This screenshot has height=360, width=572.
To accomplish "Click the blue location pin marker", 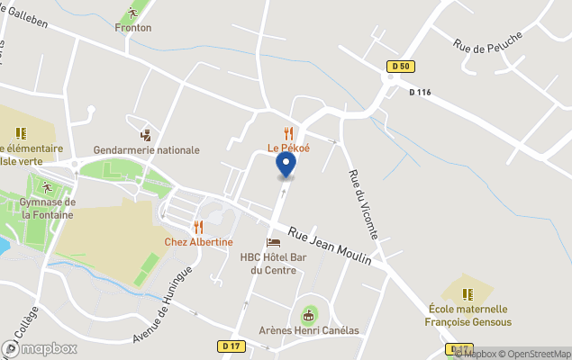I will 286,165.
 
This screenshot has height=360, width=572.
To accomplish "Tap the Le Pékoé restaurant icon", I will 288,133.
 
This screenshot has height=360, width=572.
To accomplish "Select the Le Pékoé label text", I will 288,148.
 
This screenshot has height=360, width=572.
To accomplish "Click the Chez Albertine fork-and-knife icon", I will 198,228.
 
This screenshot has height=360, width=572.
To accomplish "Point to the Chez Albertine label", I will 198,242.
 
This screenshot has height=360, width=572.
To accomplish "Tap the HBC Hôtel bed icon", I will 273,242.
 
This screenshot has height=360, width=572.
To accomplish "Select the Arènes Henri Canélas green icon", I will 309,315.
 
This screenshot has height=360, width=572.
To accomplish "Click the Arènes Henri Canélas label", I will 309,330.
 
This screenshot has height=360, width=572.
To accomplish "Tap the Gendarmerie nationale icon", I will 146,135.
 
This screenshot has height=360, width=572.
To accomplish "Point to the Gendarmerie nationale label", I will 146,150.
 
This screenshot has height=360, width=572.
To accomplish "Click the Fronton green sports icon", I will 133,13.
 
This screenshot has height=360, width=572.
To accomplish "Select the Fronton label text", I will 133,28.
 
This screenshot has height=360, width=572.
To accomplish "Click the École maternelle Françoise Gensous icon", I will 467,294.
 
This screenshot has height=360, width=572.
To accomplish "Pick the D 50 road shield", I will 402,66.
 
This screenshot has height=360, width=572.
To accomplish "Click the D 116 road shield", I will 421,93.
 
